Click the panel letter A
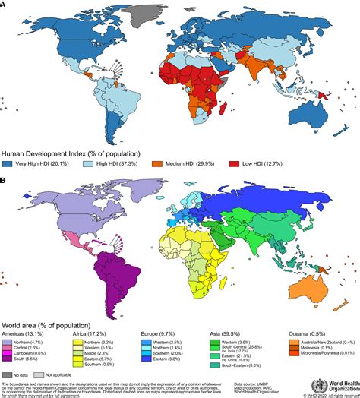pyautogui.click(x=4, y=5)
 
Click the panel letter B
pyautogui.click(x=4, y=181)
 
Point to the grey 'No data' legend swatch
pyautogui.click(x=8, y=374)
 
